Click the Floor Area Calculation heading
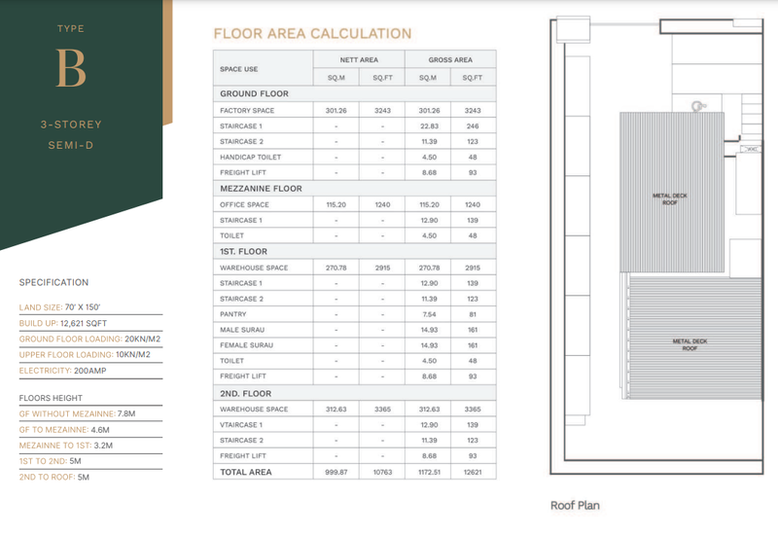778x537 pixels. pyautogui.click(x=311, y=34)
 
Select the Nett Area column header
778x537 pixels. pyautogui.click(x=358, y=60)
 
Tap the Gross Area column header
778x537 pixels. pyautogui.click(x=450, y=60)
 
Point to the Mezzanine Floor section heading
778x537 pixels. pyautogui.click(x=261, y=189)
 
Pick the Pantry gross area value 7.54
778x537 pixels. pyautogui.click(x=428, y=314)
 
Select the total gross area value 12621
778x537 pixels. pyautogui.click(x=474, y=472)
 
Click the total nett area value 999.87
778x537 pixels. pyautogui.click(x=336, y=472)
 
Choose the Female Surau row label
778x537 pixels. pyautogui.click(x=247, y=345)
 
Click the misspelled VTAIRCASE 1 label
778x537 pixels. pyautogui.click(x=243, y=424)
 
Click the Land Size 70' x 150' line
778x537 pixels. pyautogui.click(x=61, y=307)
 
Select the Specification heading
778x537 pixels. pyautogui.click(x=53, y=283)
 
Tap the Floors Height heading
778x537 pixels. pyautogui.click(x=53, y=399)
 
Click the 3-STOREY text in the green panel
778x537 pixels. pyautogui.click(x=71, y=125)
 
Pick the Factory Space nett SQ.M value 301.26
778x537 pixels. pyautogui.click(x=336, y=110)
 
